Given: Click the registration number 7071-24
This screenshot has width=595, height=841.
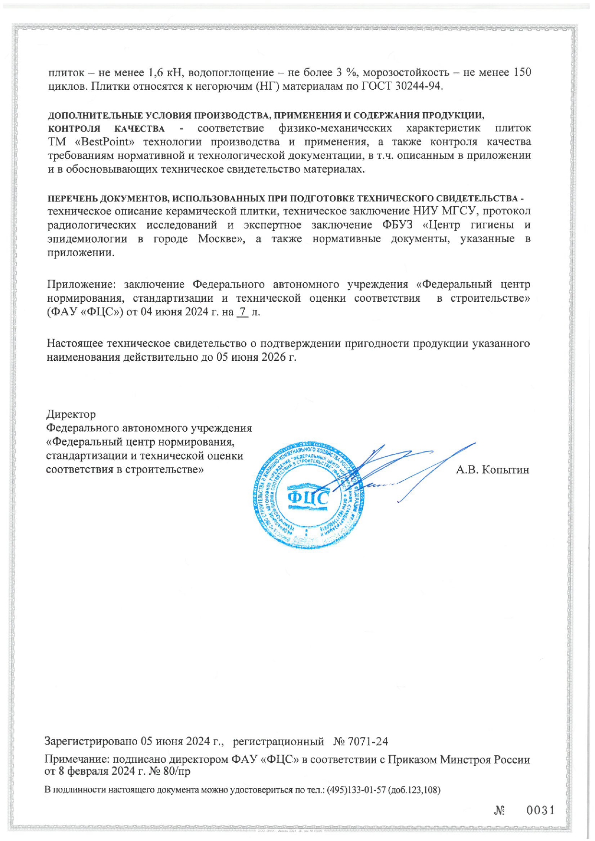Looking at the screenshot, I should (368, 741).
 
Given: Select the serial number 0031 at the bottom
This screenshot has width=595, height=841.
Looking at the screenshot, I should (541, 810).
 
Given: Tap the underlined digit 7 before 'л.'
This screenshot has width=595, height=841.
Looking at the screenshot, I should (243, 312).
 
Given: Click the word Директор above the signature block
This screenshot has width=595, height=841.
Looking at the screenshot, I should (71, 414).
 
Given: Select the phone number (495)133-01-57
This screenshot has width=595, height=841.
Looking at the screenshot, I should (356, 790).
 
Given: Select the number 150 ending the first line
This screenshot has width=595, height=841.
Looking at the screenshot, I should (522, 73).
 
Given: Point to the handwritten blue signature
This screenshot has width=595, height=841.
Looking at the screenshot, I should (403, 470).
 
